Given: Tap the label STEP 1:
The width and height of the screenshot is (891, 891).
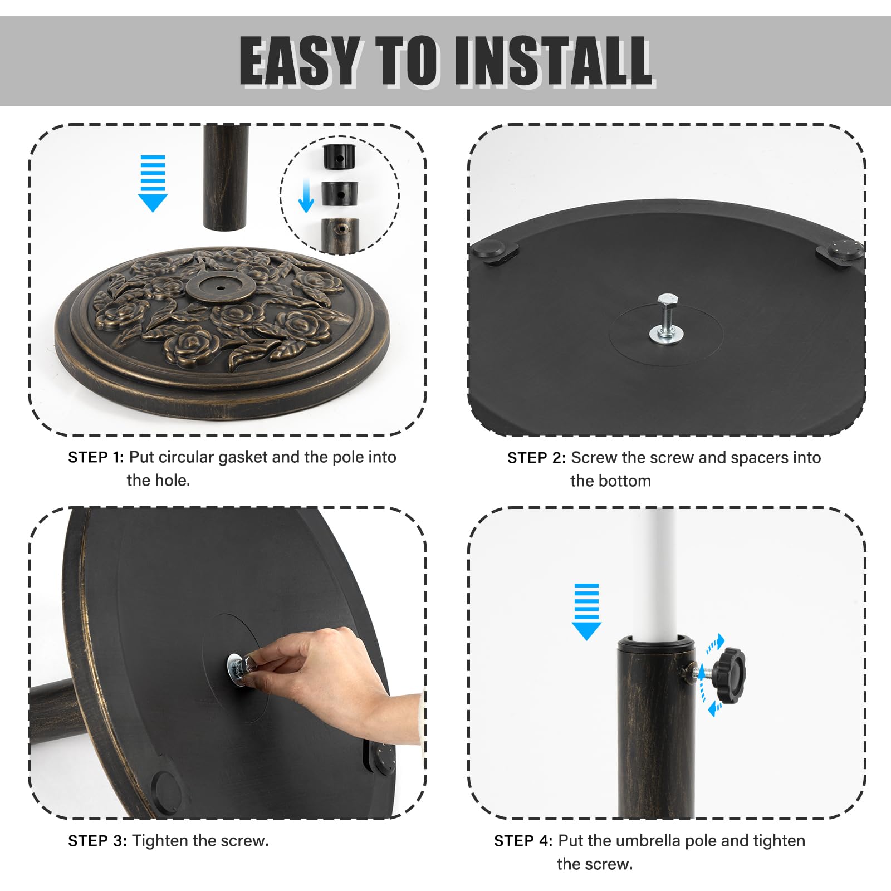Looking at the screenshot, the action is (96, 457).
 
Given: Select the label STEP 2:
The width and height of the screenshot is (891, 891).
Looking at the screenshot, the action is (536, 458).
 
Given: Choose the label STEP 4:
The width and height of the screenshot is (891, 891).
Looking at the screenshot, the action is (523, 841).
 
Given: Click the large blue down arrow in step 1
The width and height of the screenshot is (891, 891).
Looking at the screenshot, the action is (153, 183).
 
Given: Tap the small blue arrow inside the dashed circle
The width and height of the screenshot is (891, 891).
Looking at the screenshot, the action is (306, 195).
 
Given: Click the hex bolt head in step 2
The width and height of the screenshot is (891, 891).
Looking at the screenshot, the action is (667, 303).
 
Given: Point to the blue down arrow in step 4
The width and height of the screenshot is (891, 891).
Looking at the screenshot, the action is (586, 611).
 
